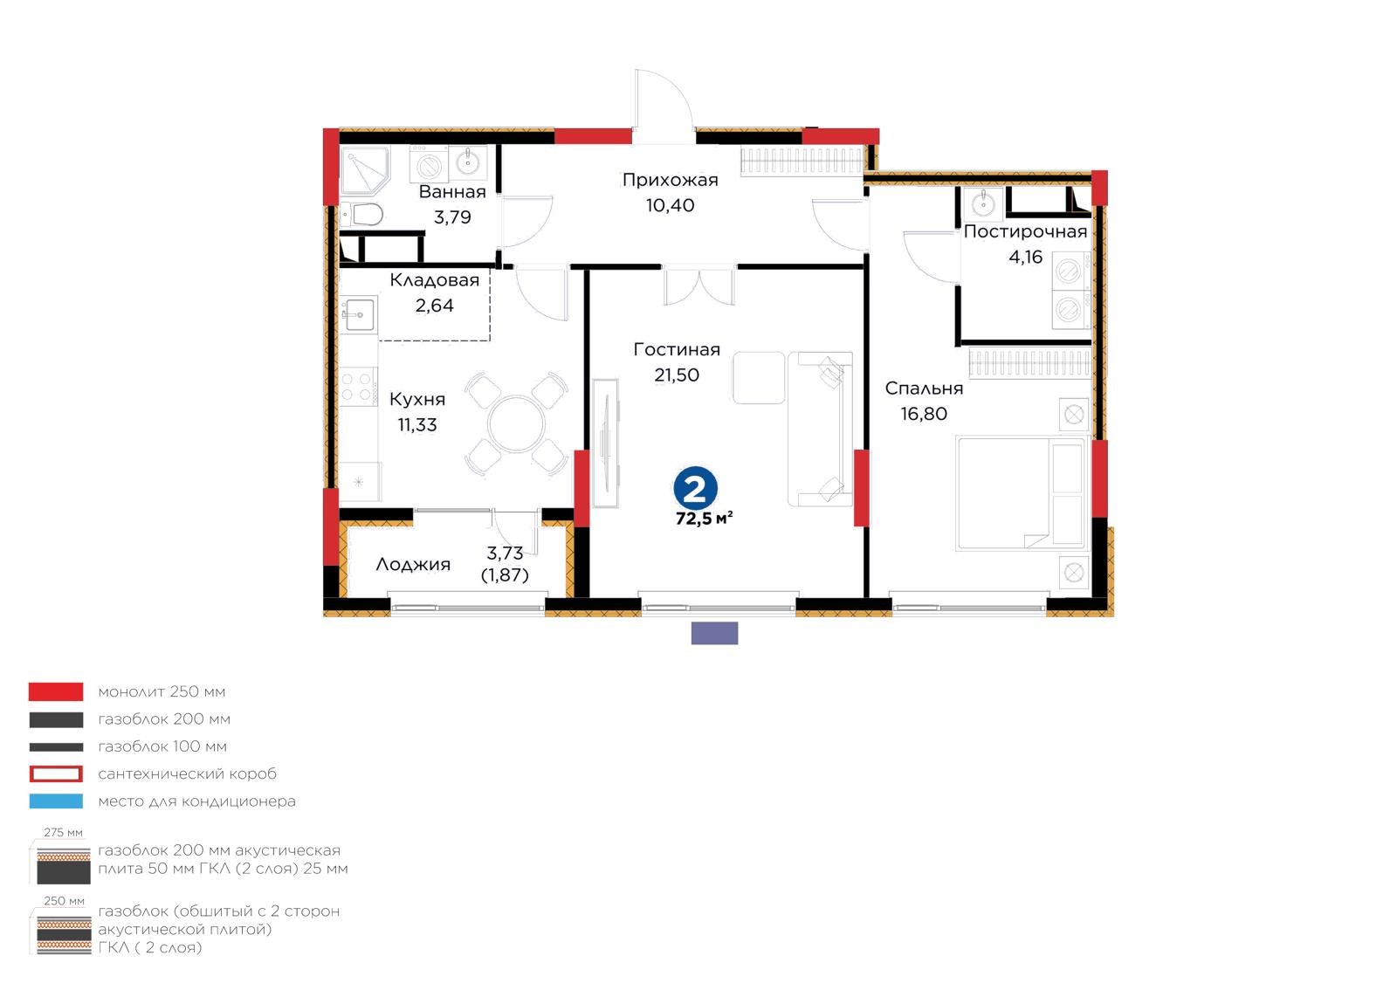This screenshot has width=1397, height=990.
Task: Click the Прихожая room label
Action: pos(670,180)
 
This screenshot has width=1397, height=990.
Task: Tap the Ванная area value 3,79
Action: pos(452,217)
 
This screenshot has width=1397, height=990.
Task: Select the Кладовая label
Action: pos(435,280)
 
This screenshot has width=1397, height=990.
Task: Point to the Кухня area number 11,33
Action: pos(417,425)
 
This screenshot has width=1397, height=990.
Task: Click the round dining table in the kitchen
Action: pos(516,424)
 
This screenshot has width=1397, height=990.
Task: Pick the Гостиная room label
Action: pos(677,350)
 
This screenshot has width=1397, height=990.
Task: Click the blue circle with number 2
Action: pos(695,488)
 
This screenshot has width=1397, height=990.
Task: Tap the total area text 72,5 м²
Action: pos(704,519)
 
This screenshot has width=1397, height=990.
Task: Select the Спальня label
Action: pos(924,389)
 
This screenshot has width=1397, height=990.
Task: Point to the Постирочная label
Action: pos(1025,232)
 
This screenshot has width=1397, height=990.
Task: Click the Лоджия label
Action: pos(413,565)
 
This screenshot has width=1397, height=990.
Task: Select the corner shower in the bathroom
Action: pos(365,170)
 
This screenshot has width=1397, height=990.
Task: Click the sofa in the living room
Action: pos(820,429)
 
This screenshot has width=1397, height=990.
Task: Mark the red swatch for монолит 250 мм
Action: pos(56,691)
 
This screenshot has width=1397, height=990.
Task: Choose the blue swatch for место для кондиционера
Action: pos(56,801)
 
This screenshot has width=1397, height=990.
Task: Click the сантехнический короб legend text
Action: pos(187,773)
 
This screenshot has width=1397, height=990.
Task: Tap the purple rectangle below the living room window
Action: pos(715,633)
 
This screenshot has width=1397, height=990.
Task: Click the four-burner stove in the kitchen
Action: pos(358,387)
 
